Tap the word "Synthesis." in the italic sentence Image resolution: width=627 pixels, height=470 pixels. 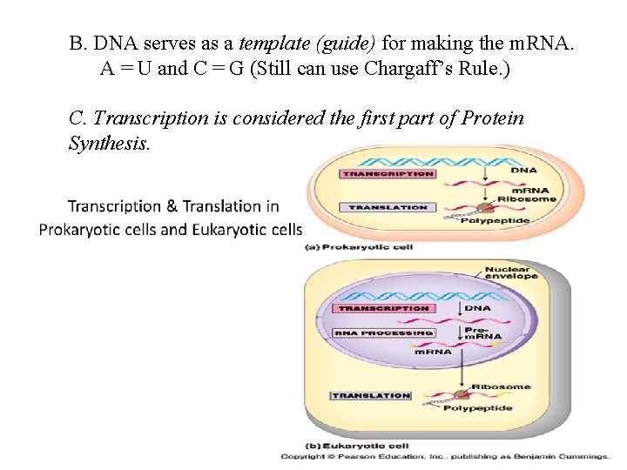coord(109,143)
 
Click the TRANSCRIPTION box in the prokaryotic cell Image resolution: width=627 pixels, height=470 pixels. coord(388,174)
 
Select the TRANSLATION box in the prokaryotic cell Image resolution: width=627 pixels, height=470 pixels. coord(388,207)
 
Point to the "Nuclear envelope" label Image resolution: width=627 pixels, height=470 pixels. coord(510,273)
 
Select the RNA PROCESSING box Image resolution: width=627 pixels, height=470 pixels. coord(384,332)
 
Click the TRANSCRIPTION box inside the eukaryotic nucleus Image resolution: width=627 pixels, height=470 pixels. coord(384,308)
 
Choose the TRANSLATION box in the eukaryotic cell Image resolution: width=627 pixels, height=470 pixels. coord(370,396)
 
